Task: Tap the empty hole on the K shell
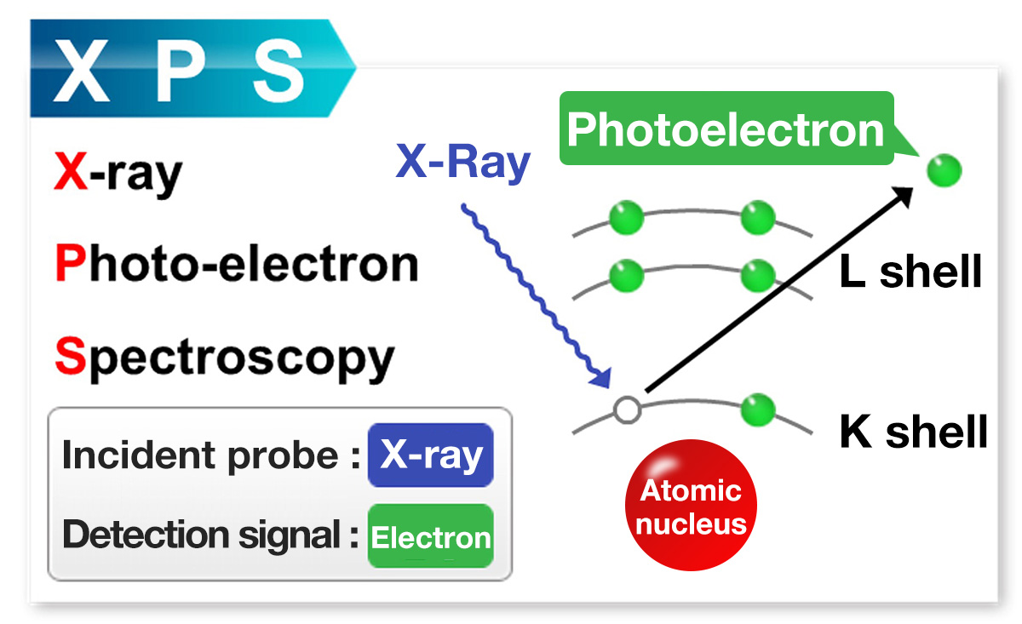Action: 627,410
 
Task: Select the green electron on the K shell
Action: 757,410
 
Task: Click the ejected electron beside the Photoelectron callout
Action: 944,170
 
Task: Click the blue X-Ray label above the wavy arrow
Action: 462,162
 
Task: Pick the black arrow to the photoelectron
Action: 779,289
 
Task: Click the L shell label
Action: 910,273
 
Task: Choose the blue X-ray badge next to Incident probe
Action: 430,455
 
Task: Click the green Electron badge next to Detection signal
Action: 430,537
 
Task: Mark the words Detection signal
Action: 204,535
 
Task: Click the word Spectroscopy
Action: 224,358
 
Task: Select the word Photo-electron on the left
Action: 236,264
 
